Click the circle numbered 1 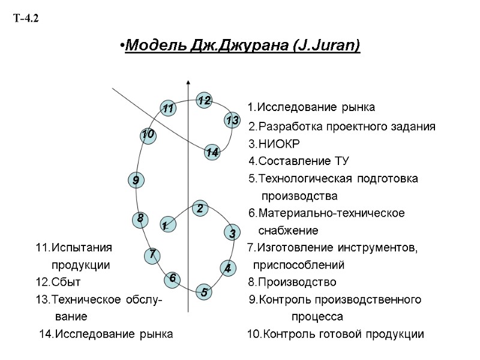tap(164, 225)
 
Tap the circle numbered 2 tap(200, 209)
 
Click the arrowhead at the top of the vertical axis tap(188, 82)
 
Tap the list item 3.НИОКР tap(274, 144)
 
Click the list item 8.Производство tap(292, 282)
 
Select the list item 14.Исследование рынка tap(106, 334)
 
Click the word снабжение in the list tap(288, 230)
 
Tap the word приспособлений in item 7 tap(298, 265)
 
